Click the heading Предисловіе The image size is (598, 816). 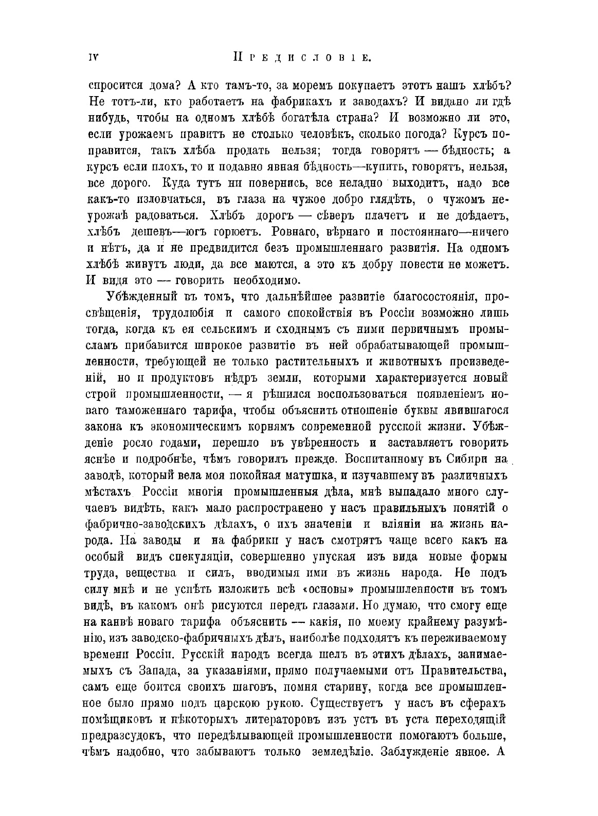pos(299,57)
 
